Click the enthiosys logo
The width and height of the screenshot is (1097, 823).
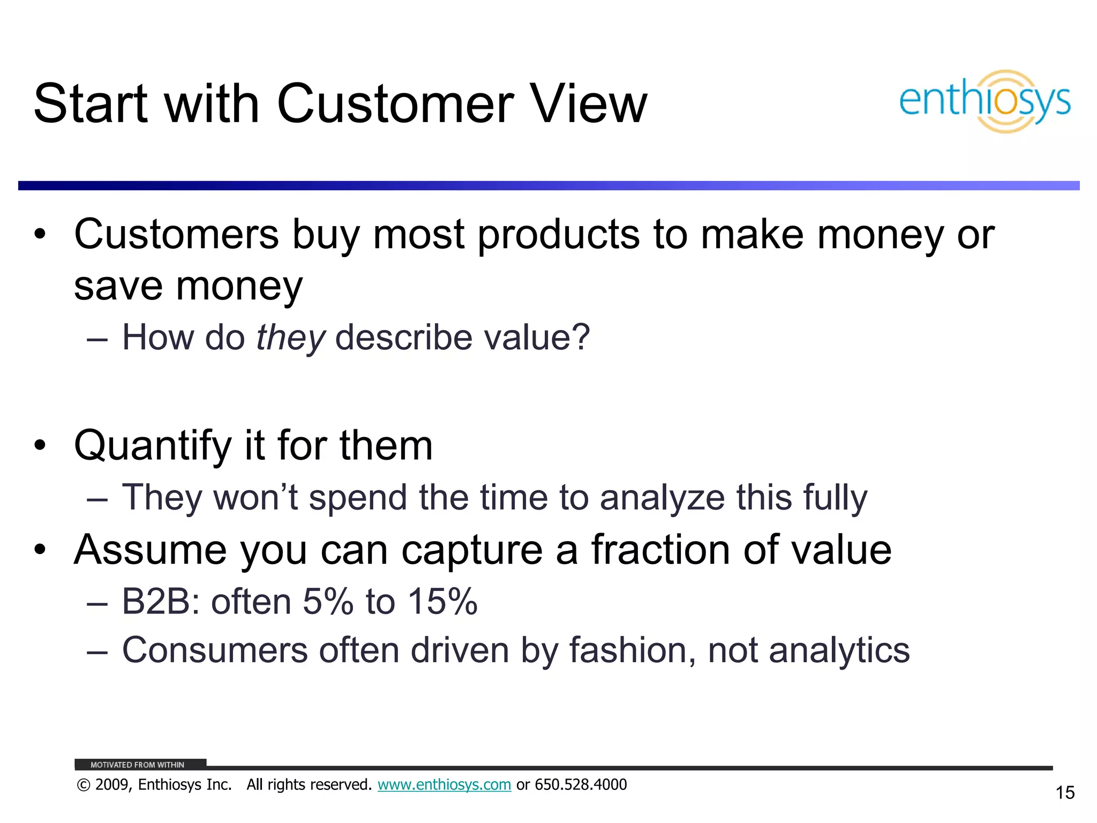[985, 101]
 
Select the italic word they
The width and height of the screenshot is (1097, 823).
[290, 338]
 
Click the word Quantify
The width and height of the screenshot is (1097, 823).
[152, 446]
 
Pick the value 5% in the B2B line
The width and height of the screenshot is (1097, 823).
[328, 601]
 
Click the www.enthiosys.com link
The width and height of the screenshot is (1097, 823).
[444, 784]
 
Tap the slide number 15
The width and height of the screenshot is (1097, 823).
[1065, 792]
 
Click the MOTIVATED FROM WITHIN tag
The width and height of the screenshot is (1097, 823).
[138, 765]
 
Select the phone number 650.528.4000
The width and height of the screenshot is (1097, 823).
[581, 784]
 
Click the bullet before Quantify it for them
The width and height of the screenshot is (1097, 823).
[40, 446]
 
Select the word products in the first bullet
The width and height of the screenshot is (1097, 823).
[558, 235]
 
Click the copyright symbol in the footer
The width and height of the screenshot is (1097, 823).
[84, 785]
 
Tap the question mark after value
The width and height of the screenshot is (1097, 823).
[580, 338]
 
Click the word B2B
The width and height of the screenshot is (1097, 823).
[157, 601]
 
